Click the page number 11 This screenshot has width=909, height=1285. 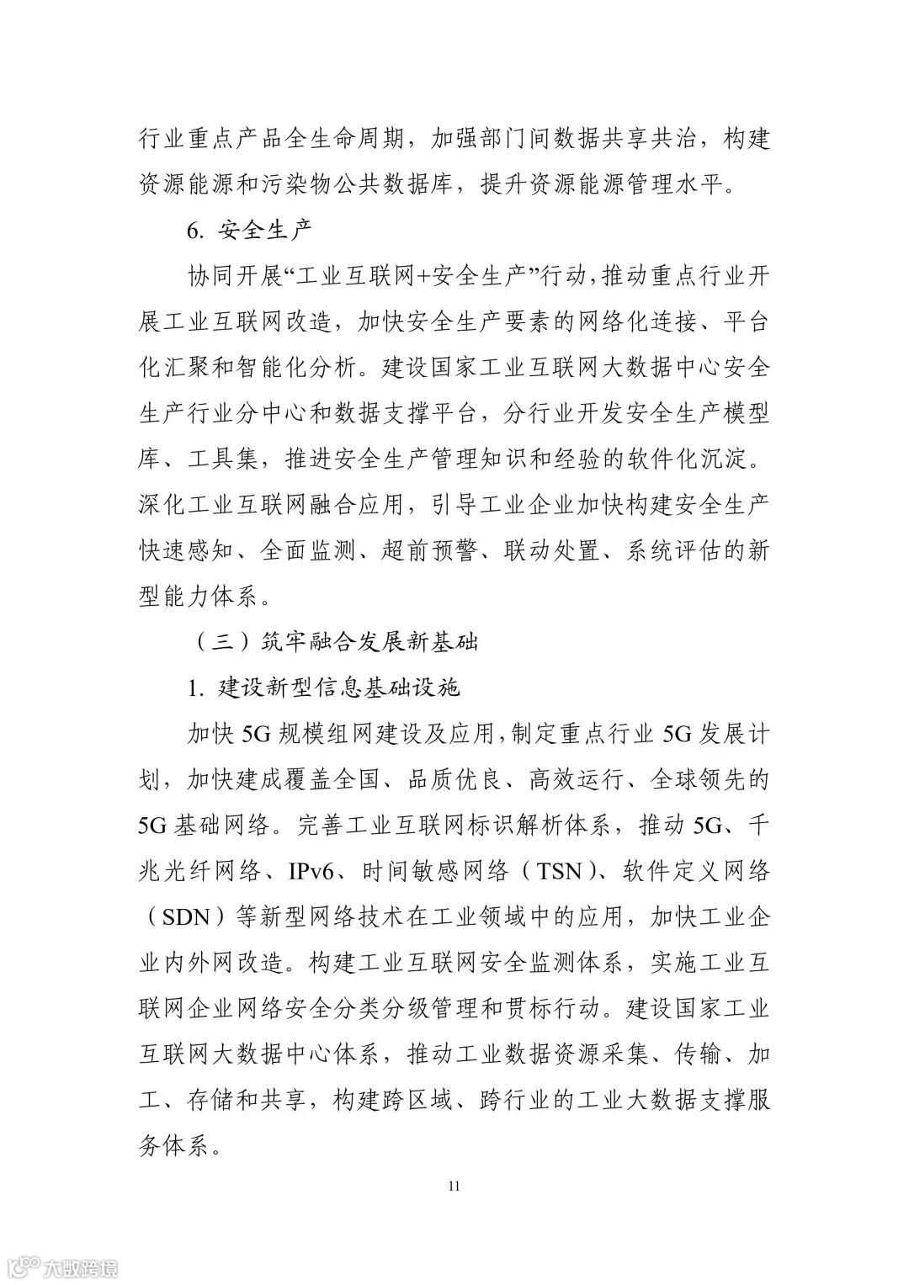[x=454, y=1187]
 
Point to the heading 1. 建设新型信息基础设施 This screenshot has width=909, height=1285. [x=324, y=688]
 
